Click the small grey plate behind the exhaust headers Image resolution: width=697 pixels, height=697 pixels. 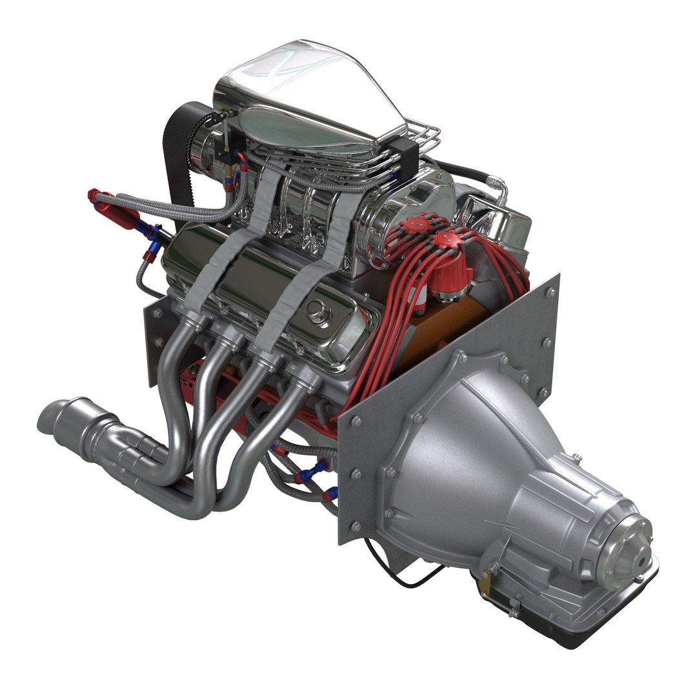155,342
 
